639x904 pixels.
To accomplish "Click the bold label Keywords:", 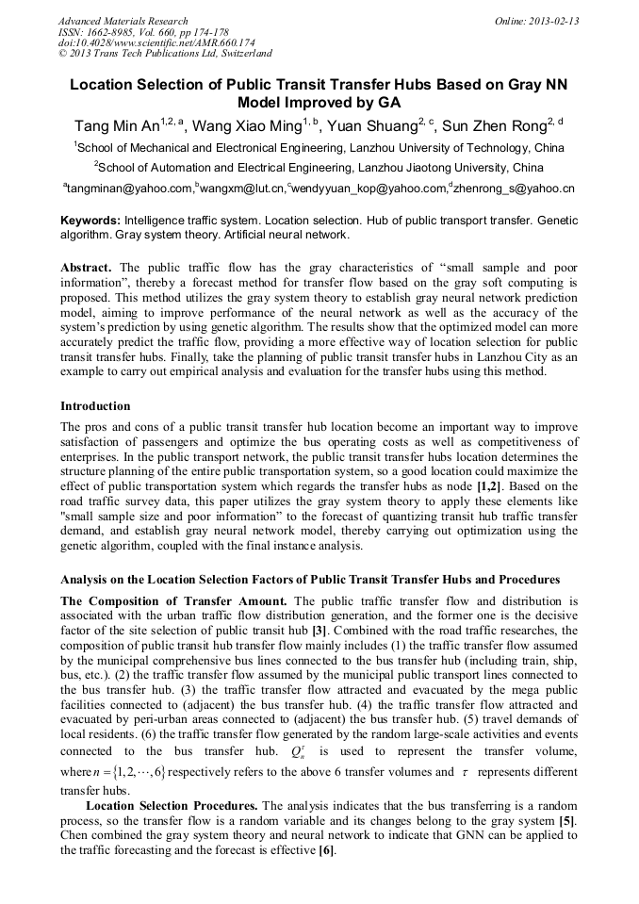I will [90, 220].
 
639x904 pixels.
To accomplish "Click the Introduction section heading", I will [95, 406].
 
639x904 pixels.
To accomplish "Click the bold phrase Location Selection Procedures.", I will [171, 805].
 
